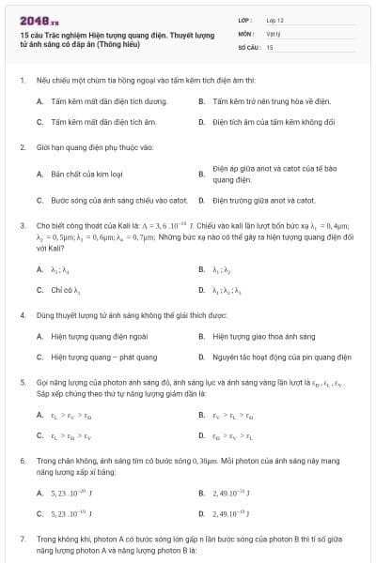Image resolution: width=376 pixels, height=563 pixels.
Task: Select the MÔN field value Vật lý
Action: pos(273,33)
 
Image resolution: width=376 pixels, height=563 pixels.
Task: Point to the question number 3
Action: pos(22,226)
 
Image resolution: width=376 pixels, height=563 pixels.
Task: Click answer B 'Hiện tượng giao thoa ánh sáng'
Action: pos(264,335)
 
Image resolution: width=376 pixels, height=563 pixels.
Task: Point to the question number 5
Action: pos(22,384)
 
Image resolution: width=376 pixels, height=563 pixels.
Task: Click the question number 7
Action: pos(22,540)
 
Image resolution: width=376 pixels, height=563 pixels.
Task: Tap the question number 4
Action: pos(22,316)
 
